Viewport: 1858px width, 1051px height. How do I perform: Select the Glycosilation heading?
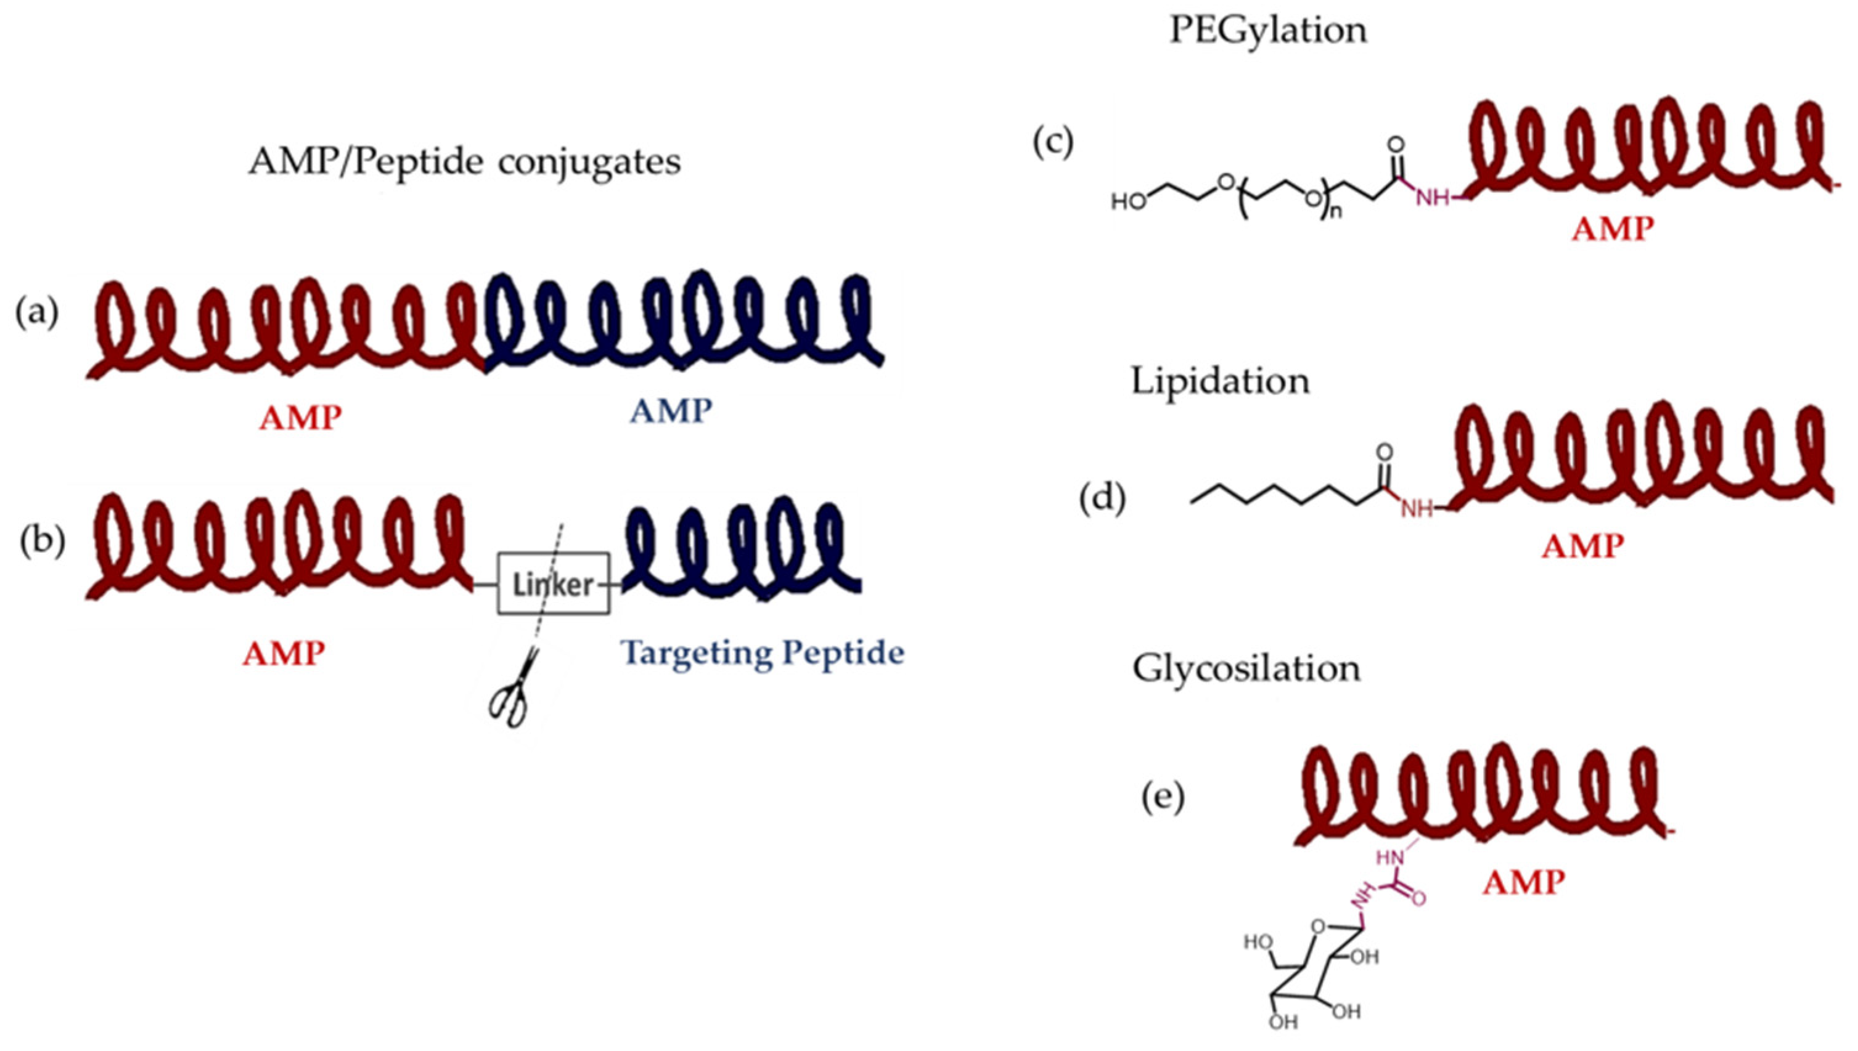pyautogui.click(x=1246, y=668)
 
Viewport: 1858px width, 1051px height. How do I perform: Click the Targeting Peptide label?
pyautogui.click(x=763, y=653)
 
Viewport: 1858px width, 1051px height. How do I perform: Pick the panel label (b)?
pyautogui.click(x=42, y=542)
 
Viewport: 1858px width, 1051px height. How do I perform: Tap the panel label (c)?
pyautogui.click(x=1053, y=142)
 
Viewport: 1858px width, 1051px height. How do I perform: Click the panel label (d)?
pyautogui.click(x=1103, y=499)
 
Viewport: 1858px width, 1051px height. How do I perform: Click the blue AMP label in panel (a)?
pyautogui.click(x=671, y=412)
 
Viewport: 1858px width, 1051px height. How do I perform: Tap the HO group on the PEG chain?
pyautogui.click(x=1129, y=202)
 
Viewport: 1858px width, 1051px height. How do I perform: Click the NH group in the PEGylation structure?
pyautogui.click(x=1431, y=197)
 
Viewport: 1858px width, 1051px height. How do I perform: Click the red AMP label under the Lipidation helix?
pyautogui.click(x=1582, y=546)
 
